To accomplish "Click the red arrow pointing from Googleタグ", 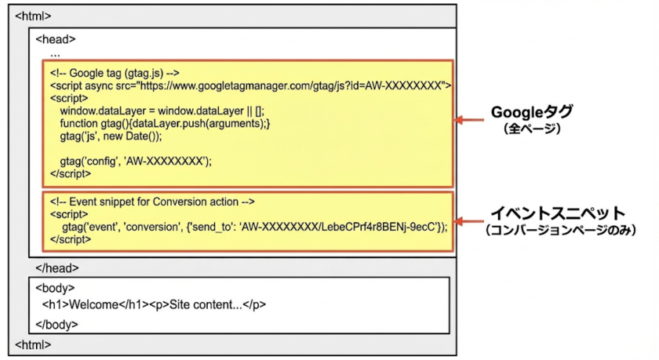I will click(x=471, y=121).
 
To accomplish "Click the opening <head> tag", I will click(x=56, y=39).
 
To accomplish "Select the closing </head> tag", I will click(x=57, y=267).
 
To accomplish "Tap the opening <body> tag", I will click(x=55, y=288).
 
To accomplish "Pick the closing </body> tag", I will click(x=57, y=323).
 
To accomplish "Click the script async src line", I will click(x=249, y=85).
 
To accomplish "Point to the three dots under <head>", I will click(x=55, y=54).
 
